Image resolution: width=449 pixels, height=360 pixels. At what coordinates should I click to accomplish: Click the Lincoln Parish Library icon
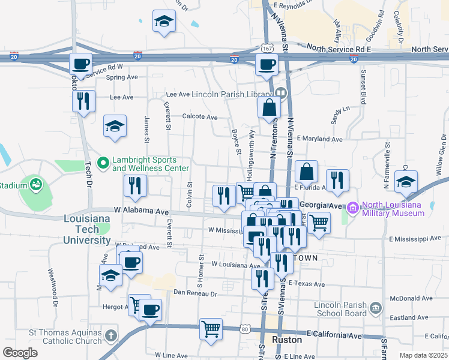280,93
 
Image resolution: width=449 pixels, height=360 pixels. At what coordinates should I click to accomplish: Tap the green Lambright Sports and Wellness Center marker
103,161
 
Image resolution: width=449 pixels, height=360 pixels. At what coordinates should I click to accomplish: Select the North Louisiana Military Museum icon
352,208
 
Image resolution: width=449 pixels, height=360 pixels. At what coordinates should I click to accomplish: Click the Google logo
20,352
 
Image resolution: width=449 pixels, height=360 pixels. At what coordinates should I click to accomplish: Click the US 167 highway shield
267,47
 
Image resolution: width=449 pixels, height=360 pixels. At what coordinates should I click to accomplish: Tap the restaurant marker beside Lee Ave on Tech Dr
84,100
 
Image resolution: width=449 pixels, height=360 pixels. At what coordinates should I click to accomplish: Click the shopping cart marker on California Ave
211,328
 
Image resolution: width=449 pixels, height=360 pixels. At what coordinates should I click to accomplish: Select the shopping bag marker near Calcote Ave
270,108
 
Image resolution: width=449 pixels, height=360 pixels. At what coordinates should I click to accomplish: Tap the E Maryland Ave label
319,139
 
